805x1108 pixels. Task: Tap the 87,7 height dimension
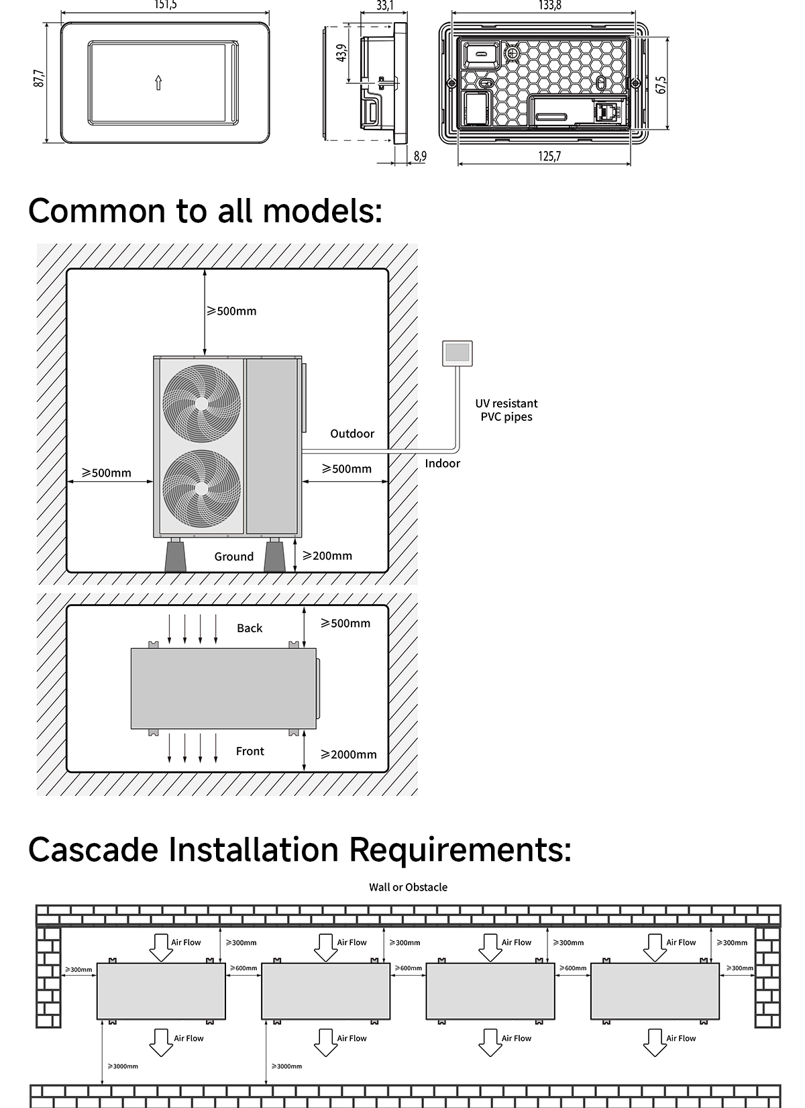pos(40,79)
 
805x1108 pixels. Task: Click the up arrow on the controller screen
pos(158,83)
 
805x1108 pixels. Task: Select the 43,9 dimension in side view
pos(342,53)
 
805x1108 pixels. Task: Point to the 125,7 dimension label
pos(549,156)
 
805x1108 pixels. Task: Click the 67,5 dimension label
pos(661,85)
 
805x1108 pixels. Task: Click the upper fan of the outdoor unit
pos(201,403)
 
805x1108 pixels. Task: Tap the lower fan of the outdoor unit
pos(201,488)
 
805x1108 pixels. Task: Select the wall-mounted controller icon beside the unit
pos(458,353)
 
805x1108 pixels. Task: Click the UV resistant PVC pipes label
pos(506,410)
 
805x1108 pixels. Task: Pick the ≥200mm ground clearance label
pos(327,556)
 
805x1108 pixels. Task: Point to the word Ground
pos(234,556)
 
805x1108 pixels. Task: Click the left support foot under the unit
pos(176,557)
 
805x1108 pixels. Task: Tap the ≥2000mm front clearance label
pos(348,754)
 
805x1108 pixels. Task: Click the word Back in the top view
pos(250,628)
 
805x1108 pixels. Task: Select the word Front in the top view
pos(250,751)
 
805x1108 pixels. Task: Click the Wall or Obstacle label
pos(408,887)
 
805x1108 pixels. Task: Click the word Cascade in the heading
pos(93,849)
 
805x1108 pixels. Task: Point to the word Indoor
pos(443,463)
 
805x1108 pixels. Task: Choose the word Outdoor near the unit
pos(352,434)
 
